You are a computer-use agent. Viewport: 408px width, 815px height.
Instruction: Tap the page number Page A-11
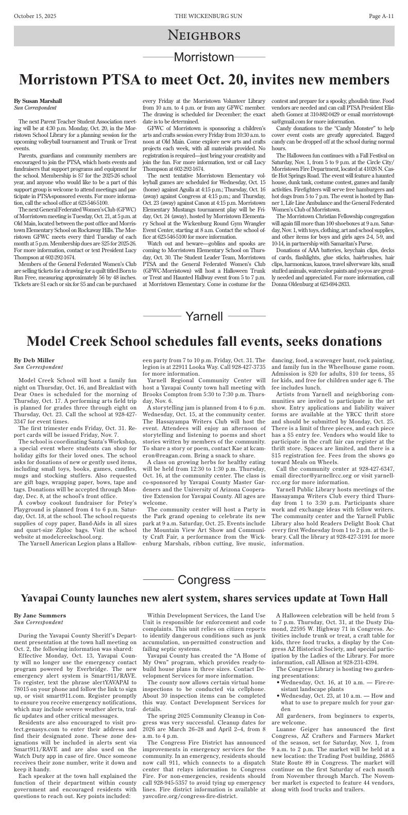381,16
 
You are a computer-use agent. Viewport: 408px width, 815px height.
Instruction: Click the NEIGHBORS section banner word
204,36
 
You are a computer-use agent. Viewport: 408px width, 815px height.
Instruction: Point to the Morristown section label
204,57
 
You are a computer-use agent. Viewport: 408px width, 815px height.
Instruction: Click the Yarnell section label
204,316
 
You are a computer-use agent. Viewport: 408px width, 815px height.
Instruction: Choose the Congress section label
204,580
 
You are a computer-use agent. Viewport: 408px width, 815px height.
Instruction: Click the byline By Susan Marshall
38,101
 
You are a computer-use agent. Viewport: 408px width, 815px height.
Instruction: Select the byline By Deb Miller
34,360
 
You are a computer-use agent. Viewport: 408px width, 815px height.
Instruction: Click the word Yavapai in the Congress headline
42,598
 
